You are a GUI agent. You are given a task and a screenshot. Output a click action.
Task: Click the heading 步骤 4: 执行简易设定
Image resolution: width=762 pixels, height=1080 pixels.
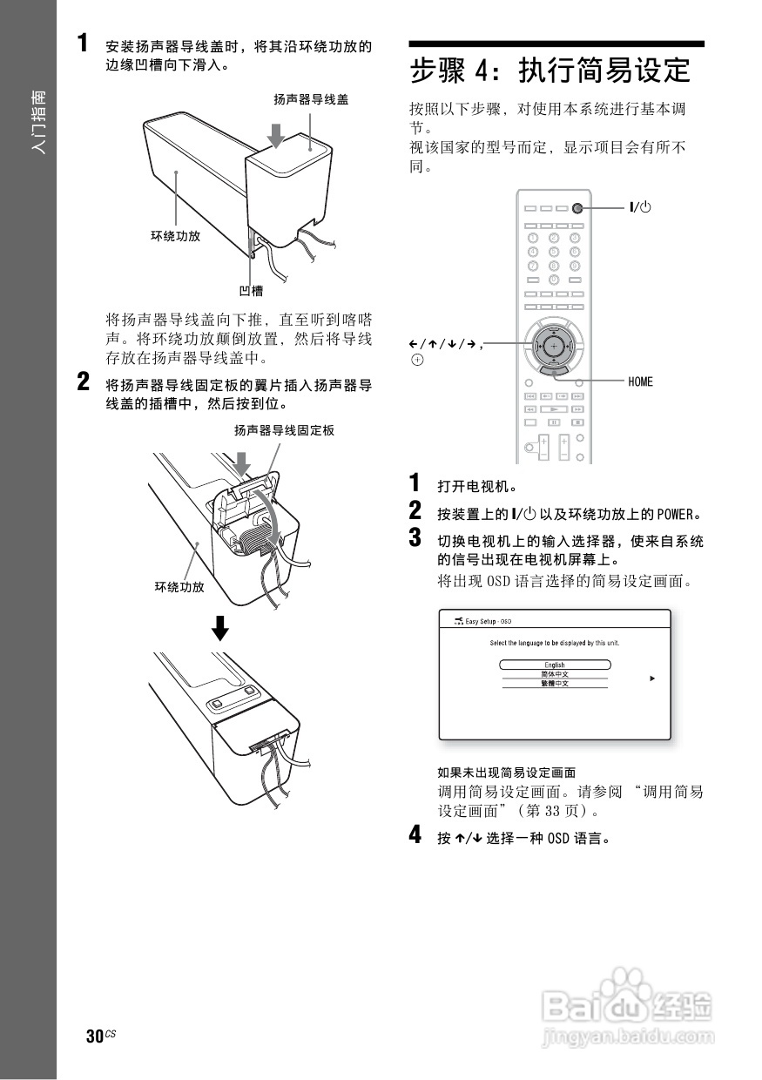point(550,70)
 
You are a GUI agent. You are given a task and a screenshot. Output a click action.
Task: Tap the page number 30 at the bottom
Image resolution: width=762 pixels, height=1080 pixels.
point(94,1036)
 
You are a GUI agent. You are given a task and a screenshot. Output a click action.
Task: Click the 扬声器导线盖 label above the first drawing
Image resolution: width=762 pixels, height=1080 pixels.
point(311,99)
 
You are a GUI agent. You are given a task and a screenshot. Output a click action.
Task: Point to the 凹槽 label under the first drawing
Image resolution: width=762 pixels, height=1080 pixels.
point(251,291)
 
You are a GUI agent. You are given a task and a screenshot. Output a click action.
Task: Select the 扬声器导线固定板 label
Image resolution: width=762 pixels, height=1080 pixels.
point(284,430)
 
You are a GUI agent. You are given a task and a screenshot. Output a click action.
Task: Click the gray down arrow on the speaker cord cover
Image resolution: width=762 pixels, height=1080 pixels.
point(276,135)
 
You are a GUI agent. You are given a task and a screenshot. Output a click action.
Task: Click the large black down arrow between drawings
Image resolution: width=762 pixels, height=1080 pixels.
point(222,627)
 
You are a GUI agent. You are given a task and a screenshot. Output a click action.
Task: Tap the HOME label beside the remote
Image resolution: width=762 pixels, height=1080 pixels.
point(639,381)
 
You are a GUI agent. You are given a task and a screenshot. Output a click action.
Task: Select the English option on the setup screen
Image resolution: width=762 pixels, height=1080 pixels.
point(555,665)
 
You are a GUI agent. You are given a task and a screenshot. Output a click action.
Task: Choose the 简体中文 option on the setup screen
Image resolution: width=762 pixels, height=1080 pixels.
point(555,674)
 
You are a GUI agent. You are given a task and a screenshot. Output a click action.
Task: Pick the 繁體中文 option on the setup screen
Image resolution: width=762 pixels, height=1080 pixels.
point(555,684)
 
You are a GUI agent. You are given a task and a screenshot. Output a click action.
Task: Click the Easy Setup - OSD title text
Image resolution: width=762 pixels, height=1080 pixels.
point(488,621)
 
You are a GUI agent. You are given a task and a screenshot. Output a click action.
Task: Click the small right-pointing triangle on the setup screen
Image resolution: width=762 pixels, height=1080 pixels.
point(652,678)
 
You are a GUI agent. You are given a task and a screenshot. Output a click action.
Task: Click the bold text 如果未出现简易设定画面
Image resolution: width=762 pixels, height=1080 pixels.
point(506,773)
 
